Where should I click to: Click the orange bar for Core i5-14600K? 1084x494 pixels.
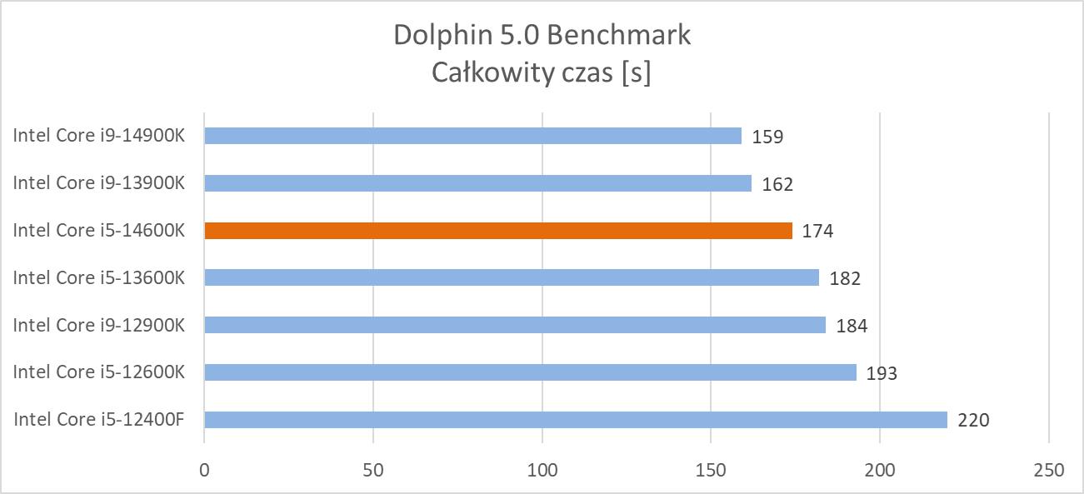point(497,231)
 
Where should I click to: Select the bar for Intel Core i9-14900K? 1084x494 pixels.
point(472,136)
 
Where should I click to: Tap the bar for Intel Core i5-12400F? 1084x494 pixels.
point(575,420)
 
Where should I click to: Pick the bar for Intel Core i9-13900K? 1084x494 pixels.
point(477,183)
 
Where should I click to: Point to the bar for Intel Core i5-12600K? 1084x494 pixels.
point(530,372)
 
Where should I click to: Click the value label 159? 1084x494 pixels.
point(767,137)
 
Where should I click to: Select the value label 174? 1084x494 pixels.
point(817,232)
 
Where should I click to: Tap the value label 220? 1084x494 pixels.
point(973,421)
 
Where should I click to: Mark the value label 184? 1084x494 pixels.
point(852,326)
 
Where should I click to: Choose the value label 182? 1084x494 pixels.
point(845,279)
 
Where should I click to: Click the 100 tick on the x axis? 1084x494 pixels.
point(542,471)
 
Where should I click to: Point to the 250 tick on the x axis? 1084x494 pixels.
point(1048,471)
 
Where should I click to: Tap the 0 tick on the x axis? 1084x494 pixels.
point(204,471)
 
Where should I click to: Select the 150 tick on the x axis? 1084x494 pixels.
point(711,471)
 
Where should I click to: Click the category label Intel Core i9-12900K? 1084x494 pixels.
point(98,325)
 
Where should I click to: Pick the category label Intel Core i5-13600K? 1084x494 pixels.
point(98,278)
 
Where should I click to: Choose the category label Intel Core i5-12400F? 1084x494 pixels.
point(98,420)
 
